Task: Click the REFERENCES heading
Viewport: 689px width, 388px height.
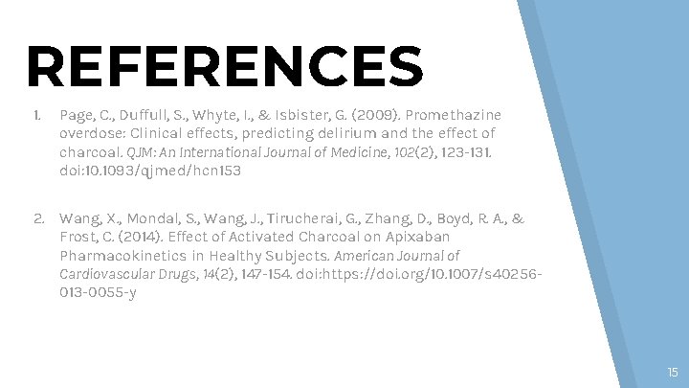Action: (x=225, y=66)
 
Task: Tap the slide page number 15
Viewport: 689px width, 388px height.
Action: (x=672, y=371)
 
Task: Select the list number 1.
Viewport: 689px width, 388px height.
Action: (x=35, y=115)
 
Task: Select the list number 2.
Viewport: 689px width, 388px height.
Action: (x=38, y=218)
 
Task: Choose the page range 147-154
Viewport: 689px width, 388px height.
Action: (x=258, y=274)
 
